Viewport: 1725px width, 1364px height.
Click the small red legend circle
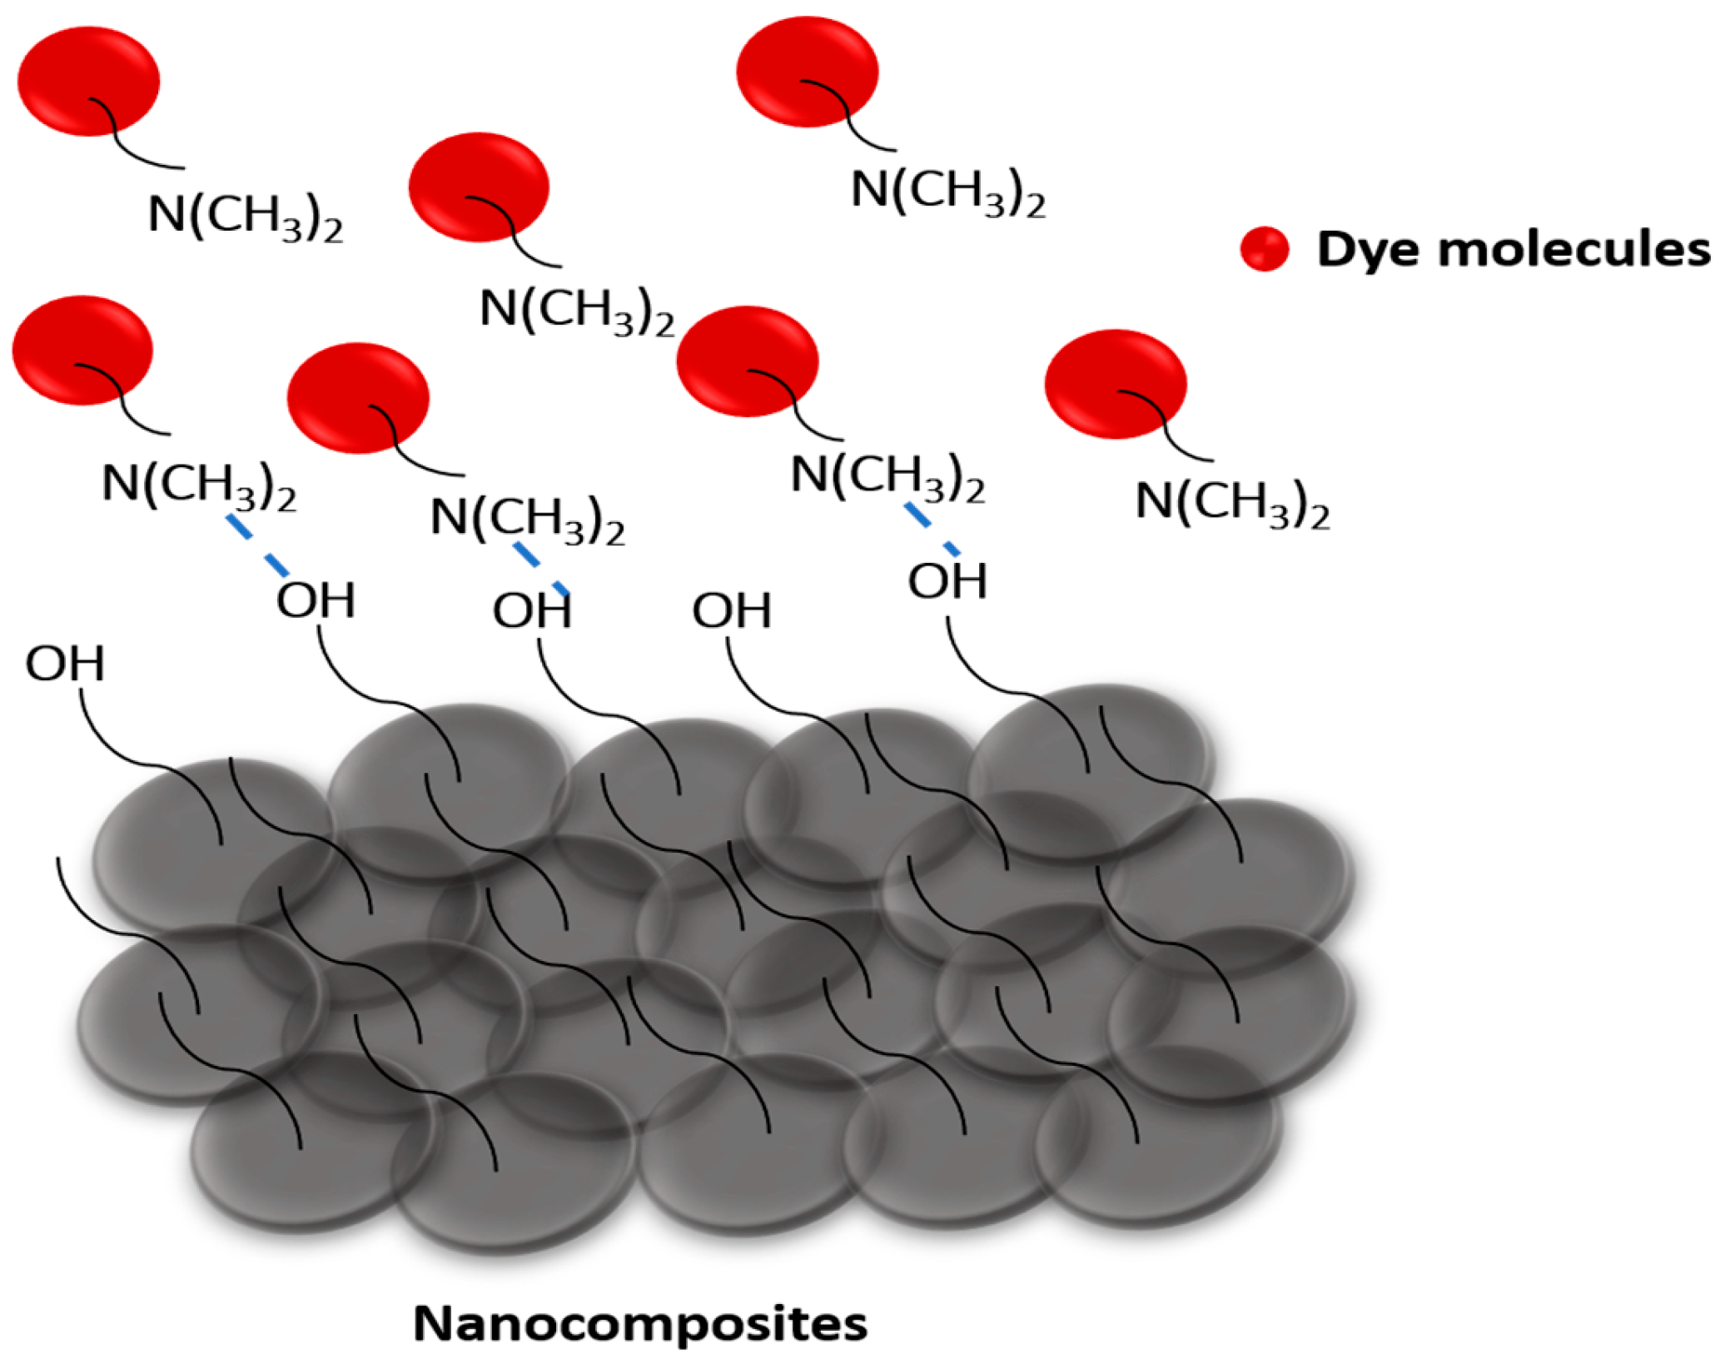click(1264, 248)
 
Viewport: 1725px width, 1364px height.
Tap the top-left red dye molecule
click(88, 81)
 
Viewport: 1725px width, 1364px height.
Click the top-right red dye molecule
click(807, 72)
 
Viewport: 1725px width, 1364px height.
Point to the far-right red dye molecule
click(1116, 384)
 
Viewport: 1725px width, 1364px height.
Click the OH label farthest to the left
click(65, 664)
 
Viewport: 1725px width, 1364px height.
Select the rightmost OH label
click(947, 580)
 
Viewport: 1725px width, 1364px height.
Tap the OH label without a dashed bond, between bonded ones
click(732, 610)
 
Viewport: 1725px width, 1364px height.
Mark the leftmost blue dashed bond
click(258, 545)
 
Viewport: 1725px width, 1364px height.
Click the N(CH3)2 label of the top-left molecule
click(245, 216)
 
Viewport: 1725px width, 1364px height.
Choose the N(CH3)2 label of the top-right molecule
click(947, 192)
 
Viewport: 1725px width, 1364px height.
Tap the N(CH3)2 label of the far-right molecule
click(1232, 504)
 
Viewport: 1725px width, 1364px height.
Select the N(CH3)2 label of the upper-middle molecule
click(577, 311)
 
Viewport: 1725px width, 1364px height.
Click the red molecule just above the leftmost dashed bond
click(82, 350)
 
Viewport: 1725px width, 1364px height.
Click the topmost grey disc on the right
click(1091, 749)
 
